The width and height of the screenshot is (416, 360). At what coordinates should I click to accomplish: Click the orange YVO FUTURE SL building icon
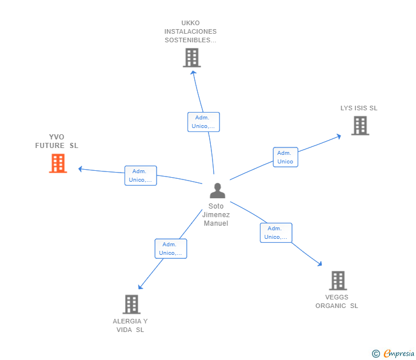58,163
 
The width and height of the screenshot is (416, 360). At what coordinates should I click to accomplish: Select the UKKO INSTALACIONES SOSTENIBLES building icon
191,58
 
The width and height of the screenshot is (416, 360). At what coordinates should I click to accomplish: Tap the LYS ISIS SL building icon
360,125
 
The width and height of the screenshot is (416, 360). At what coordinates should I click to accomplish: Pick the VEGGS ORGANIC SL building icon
338,281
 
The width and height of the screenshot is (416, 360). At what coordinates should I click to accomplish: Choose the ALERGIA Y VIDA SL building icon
131,304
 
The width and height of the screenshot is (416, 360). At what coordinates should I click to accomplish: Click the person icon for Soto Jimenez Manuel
217,190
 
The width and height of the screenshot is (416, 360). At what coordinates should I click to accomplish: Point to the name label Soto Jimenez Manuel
216,214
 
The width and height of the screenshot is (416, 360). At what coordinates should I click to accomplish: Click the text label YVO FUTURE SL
57,141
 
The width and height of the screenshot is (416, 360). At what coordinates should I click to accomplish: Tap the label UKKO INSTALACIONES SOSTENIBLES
190,31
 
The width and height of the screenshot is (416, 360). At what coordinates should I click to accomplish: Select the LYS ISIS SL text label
359,108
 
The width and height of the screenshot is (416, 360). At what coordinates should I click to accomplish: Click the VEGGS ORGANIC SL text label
337,301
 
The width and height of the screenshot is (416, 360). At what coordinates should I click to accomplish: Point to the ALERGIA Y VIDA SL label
130,325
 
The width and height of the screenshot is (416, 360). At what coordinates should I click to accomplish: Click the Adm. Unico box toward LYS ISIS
285,157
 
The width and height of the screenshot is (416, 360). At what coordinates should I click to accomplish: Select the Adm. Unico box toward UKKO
203,122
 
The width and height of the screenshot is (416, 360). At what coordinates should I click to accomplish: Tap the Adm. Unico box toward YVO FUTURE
141,175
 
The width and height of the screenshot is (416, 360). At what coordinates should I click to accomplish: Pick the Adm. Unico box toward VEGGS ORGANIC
276,233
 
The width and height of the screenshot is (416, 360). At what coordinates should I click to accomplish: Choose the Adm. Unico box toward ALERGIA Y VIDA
171,249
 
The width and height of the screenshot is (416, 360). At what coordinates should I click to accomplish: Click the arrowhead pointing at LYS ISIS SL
338,136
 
